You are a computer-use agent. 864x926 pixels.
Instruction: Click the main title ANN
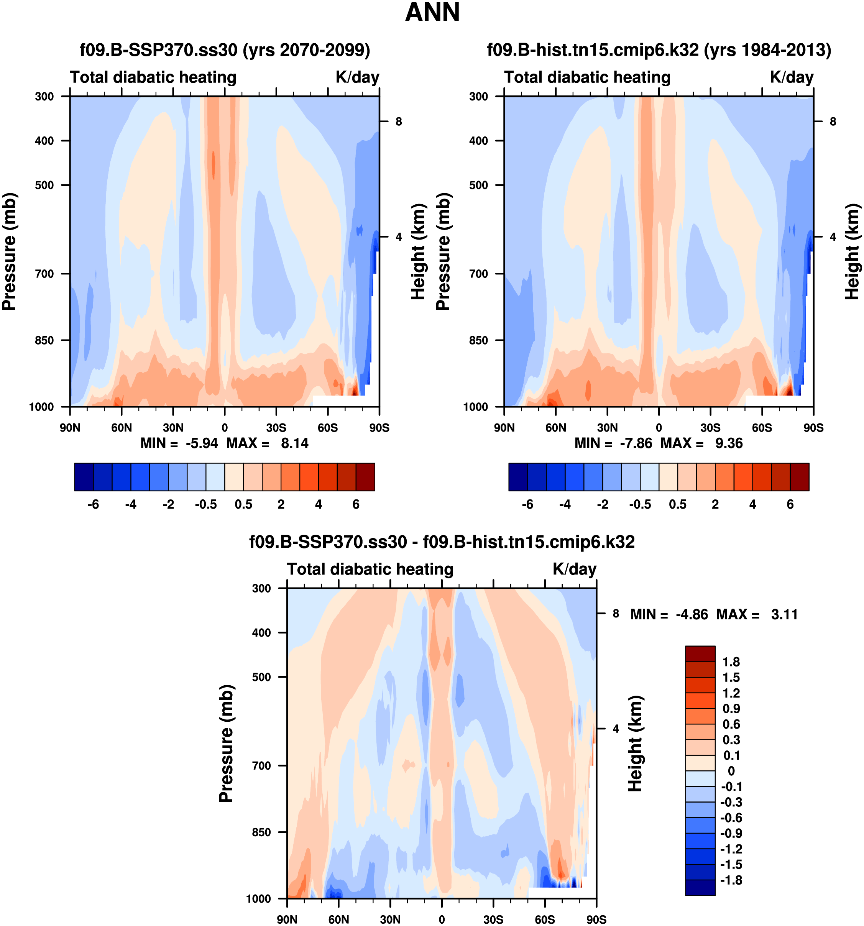pyautogui.click(x=432, y=13)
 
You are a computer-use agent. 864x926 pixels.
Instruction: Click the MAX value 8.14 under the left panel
pyautogui.click(x=294, y=443)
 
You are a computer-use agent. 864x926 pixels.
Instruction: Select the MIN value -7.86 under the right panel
pyautogui.click(x=636, y=443)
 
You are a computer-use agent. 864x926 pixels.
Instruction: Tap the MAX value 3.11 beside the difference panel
pyautogui.click(x=784, y=614)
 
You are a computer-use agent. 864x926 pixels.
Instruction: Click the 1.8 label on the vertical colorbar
pyautogui.click(x=731, y=662)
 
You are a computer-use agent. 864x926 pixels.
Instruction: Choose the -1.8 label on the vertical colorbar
pyautogui.click(x=731, y=880)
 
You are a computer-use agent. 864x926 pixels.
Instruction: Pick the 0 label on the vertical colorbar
pyautogui.click(x=731, y=771)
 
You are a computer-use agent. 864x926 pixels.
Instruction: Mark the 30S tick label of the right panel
pyautogui.click(x=710, y=428)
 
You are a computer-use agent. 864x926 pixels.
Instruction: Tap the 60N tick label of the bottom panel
pyautogui.click(x=338, y=919)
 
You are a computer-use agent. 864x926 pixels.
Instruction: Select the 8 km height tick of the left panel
pyautogui.click(x=399, y=121)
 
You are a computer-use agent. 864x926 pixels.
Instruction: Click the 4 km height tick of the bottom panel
pyautogui.click(x=616, y=729)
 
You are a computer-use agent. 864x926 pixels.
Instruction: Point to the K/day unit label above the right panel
pyautogui.click(x=791, y=77)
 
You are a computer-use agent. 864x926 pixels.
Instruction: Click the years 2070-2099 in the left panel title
pyautogui.click(x=325, y=50)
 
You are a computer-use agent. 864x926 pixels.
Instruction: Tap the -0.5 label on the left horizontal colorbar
pyautogui.click(x=206, y=504)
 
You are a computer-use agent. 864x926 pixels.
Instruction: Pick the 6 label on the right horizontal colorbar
pyautogui.click(x=790, y=504)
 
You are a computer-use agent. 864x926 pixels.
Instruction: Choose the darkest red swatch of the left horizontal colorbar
pyautogui.click(x=365, y=477)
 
